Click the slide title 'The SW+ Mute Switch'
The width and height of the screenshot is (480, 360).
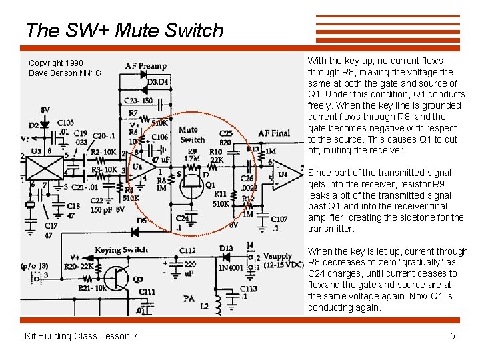[x=125, y=31]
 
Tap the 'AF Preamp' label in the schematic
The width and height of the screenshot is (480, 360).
[x=145, y=66]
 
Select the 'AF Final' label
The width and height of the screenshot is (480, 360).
[x=273, y=133]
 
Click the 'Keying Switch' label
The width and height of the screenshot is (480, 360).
[x=121, y=250]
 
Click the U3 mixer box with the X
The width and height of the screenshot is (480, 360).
[x=43, y=166]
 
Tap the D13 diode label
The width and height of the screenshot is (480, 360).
[x=226, y=249]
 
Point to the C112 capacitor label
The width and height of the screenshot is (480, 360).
[x=187, y=251]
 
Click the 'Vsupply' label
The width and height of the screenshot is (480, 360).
[x=277, y=256]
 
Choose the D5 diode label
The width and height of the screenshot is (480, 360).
[x=142, y=221]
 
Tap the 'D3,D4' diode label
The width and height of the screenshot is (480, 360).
[x=157, y=82]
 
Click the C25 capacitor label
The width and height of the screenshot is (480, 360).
[x=225, y=133]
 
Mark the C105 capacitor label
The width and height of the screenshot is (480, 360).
[x=65, y=123]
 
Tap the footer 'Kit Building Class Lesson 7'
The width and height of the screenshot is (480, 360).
[x=81, y=336]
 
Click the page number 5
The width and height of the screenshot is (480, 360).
[x=453, y=336]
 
